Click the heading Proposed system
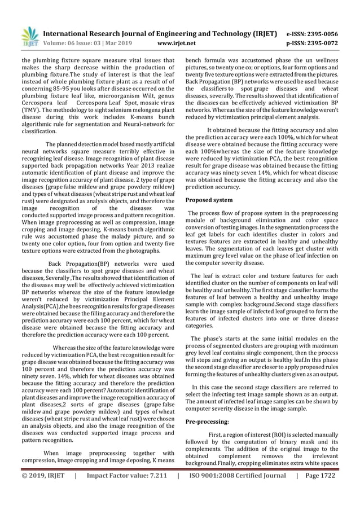click(x=209, y=200)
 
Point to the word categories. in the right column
click(x=204, y=326)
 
